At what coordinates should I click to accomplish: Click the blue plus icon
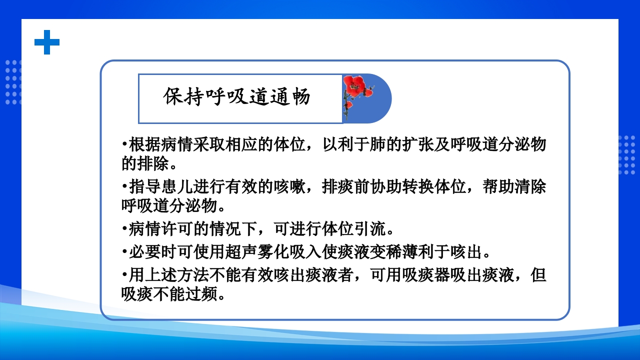click(47, 42)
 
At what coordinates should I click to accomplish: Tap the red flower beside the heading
click(355, 87)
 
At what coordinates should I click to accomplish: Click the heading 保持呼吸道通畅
click(237, 97)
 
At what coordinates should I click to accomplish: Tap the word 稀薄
click(411, 251)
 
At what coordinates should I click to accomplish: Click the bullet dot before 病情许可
click(123, 230)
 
